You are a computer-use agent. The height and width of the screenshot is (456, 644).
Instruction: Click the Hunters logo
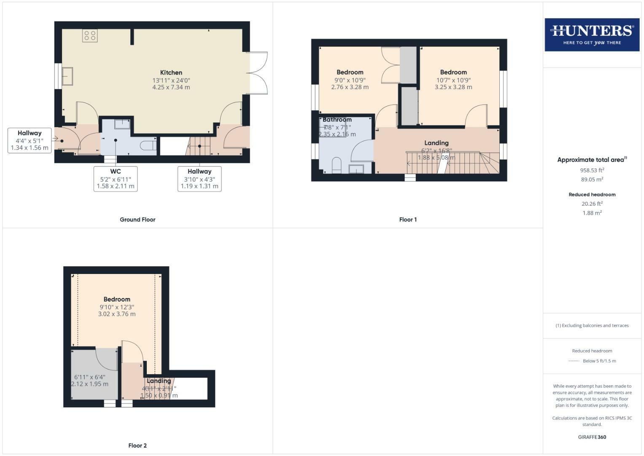pos(592,35)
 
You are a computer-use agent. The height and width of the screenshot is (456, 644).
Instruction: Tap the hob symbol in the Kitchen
pos(90,35)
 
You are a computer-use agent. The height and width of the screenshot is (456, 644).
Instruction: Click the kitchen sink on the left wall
pos(67,76)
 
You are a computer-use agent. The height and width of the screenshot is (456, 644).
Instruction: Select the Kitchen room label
pos(171,73)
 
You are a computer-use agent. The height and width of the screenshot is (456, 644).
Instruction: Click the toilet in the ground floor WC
pos(148,146)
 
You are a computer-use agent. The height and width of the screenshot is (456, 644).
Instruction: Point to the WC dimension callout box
pos(116,179)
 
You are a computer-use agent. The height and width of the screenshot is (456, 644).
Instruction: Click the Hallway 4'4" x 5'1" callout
pos(30,141)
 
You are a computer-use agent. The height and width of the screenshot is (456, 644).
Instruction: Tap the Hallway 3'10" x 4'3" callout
pos(199,179)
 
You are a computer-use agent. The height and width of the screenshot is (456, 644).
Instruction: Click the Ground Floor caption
pos(137,220)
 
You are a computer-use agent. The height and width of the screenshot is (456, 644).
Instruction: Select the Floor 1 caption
pos(408,220)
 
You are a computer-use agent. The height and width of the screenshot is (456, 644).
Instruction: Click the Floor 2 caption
pos(137,445)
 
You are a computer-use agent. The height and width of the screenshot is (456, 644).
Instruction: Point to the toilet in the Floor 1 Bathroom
pos(337,166)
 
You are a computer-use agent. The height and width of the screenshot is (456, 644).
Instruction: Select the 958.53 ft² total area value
pos(592,170)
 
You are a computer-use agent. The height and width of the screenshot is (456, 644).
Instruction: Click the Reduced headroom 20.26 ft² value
pos(592,204)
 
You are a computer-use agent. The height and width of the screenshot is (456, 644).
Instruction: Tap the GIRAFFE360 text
pos(592,437)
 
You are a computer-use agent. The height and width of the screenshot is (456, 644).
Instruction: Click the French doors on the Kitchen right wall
pos(257,73)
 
